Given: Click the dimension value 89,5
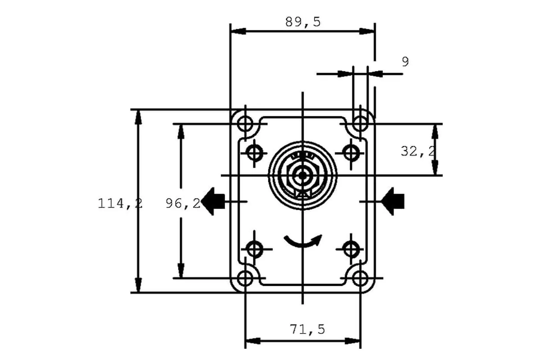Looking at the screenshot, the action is (303, 22).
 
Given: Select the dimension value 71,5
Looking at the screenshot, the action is (307, 329).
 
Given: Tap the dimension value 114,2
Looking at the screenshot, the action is (120, 203).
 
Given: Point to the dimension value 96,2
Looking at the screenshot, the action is (183, 203).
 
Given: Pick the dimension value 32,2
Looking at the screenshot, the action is (418, 151).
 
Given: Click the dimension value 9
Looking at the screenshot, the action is (405, 62).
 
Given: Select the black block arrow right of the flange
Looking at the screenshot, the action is (393, 201).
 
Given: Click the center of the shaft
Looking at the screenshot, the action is (302, 175).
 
